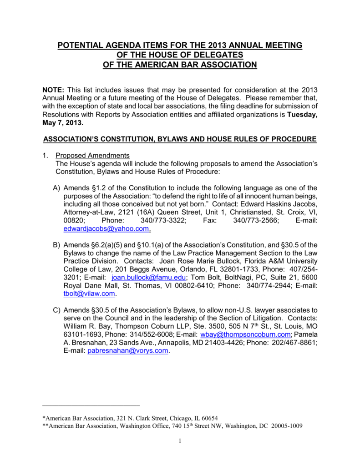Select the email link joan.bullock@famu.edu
[x=148, y=277]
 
